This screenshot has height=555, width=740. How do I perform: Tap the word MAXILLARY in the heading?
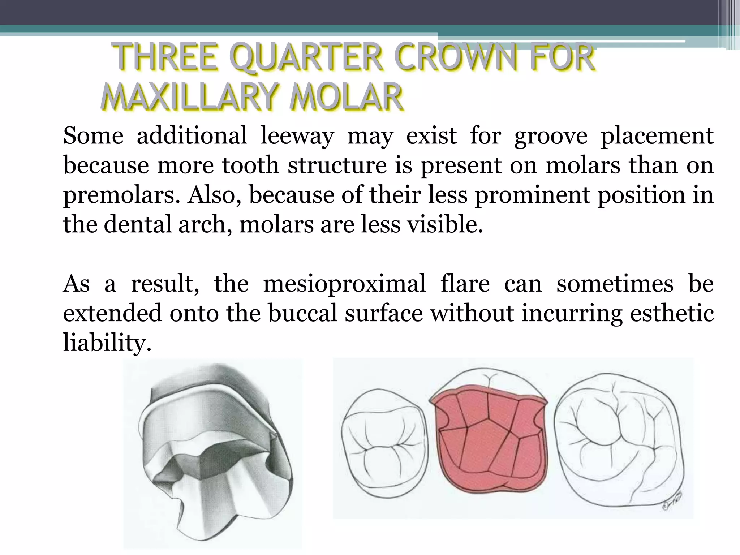click(191, 97)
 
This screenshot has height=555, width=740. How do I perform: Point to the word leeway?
click(297, 136)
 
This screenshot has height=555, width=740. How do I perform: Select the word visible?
click(444, 225)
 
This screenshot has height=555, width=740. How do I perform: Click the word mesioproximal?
click(344, 284)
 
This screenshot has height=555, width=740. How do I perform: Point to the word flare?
click(465, 284)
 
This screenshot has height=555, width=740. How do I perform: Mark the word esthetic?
click(672, 313)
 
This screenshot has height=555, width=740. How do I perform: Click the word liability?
click(107, 343)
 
